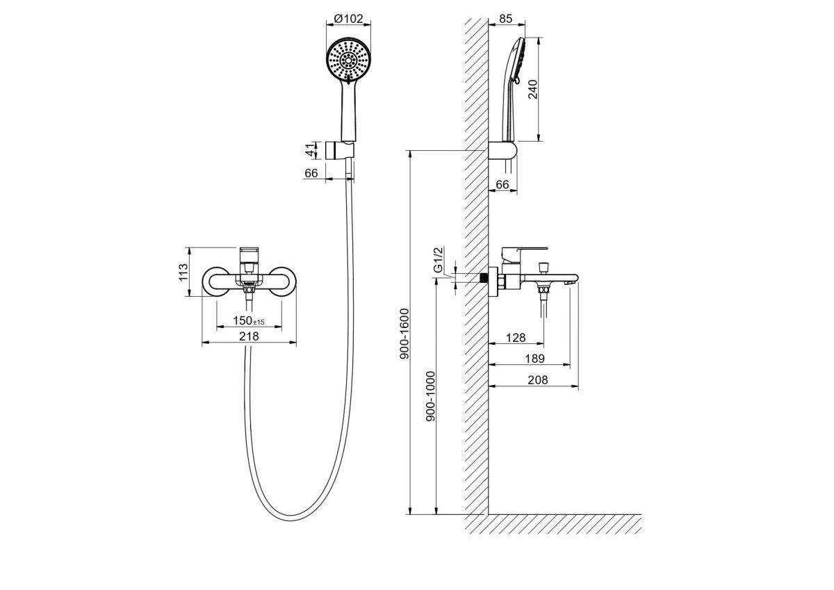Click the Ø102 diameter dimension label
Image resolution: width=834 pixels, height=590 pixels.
click(348, 18)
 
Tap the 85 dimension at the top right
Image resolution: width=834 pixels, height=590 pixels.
click(506, 18)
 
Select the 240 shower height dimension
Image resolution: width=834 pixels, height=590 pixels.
click(533, 89)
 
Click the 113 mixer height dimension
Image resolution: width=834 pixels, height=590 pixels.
click(183, 272)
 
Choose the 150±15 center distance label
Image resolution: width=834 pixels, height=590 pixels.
click(249, 320)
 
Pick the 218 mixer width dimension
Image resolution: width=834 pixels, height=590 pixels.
click(249, 336)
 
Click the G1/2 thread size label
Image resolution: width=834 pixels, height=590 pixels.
click(439, 259)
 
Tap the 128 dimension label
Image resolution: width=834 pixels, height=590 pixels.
click(516, 338)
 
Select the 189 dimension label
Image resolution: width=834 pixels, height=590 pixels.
click(534, 359)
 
